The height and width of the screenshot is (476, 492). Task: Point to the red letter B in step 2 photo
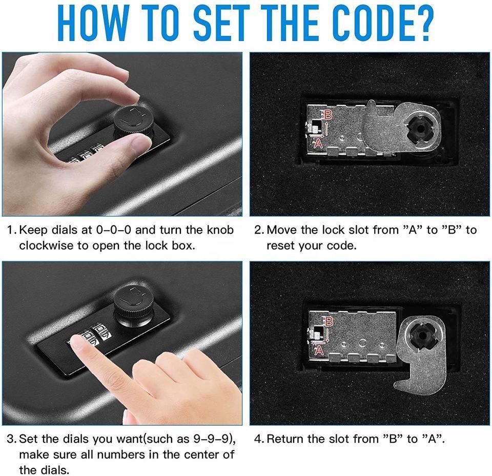tap(329, 115)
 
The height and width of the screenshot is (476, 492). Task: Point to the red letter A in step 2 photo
tap(318, 144)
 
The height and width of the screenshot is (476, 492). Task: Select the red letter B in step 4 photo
tap(329, 322)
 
